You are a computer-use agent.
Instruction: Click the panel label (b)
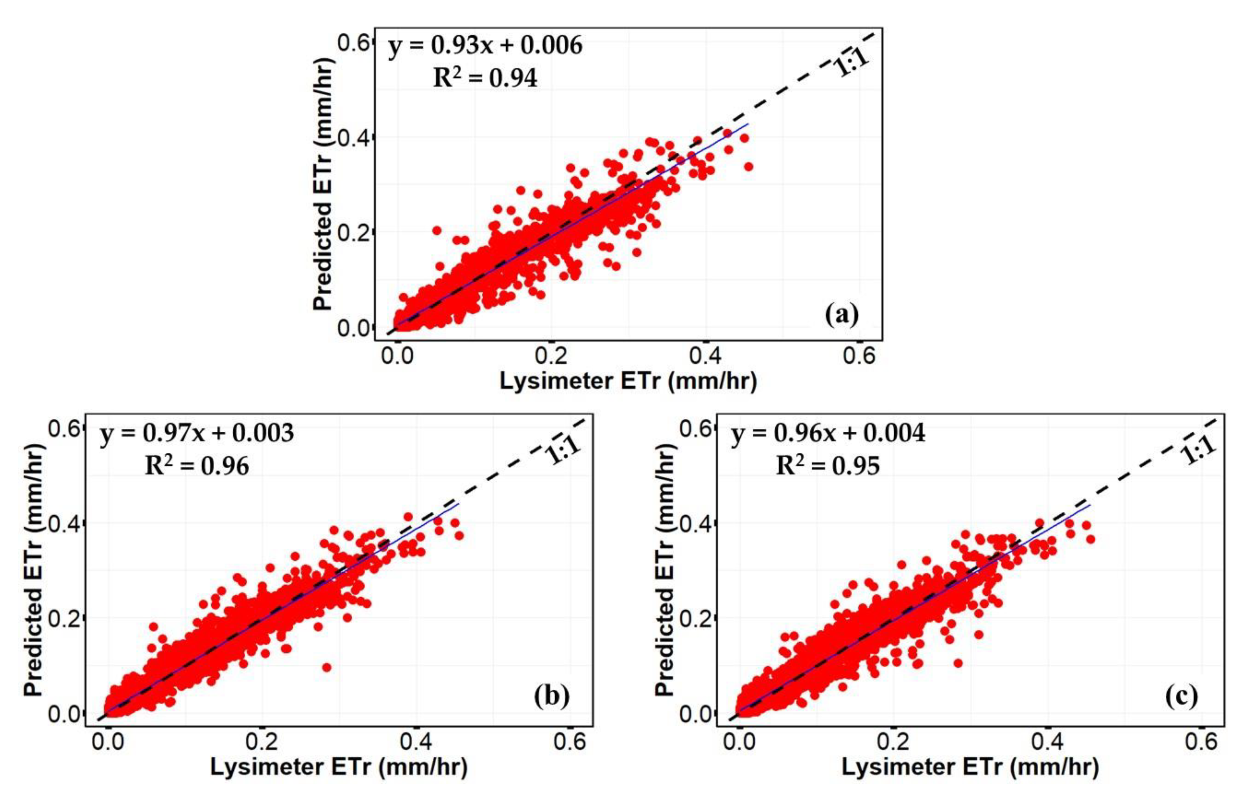coord(552,696)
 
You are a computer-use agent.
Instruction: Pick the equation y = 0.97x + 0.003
coord(197,433)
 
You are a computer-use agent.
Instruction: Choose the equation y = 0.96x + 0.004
coord(828,433)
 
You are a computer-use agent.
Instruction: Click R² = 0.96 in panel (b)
coord(197,466)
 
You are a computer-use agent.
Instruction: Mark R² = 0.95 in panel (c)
coord(828,466)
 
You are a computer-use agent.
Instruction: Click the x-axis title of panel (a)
coord(628,381)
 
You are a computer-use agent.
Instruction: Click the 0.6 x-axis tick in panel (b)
coord(570,742)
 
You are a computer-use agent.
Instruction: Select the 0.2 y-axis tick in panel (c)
coord(696,618)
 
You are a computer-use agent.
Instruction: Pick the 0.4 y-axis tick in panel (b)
coord(64,523)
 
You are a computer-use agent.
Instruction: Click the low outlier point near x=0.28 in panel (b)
coord(327,667)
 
